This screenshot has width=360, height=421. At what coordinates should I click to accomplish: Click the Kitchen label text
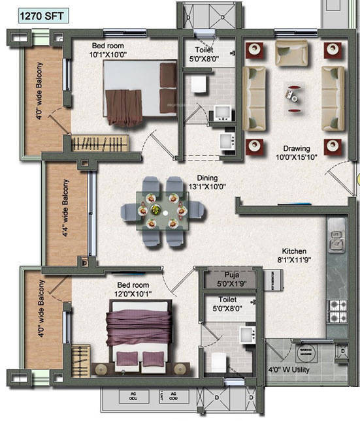point(294,251)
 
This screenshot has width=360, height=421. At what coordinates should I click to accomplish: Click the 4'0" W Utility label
point(289,370)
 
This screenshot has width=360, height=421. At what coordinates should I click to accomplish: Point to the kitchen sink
point(337,238)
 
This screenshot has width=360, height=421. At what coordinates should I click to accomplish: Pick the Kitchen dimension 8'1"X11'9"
point(294,261)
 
